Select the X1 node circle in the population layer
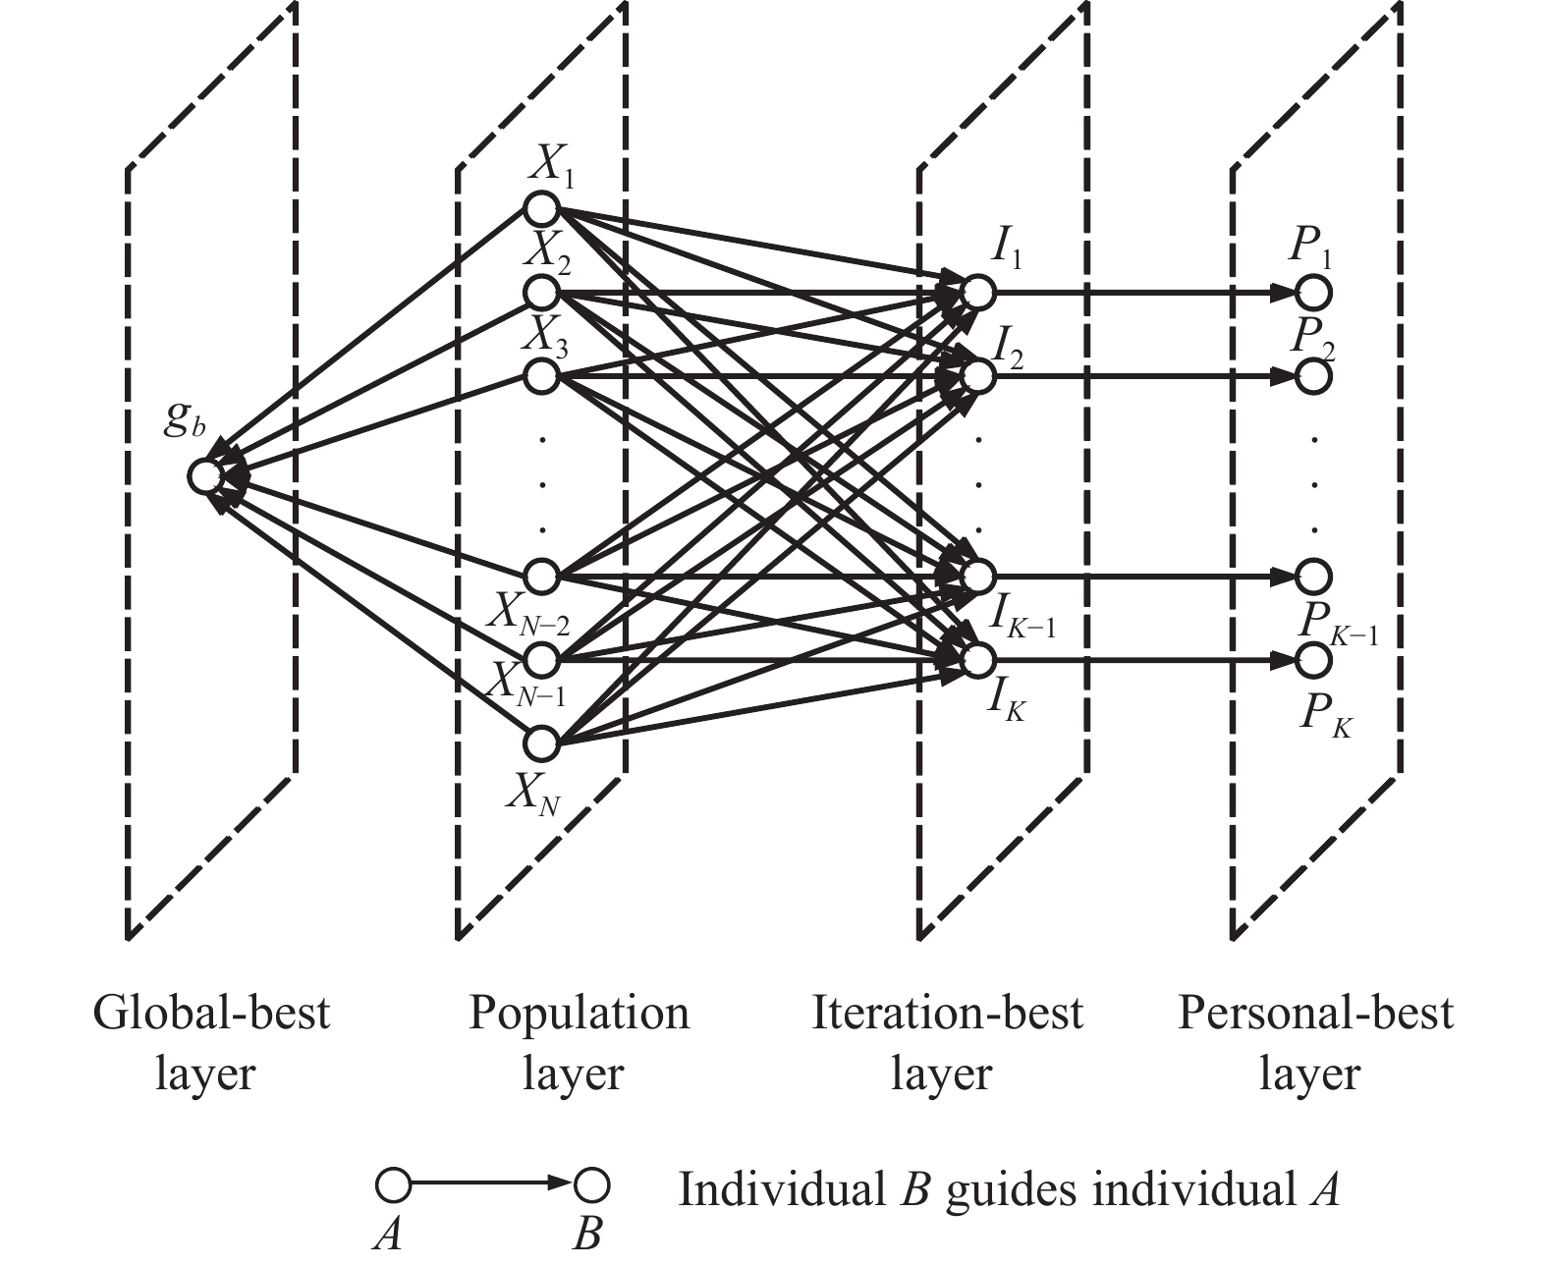[541, 208]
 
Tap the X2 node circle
[541, 293]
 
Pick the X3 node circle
[541, 377]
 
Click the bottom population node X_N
[541, 744]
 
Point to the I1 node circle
[977, 293]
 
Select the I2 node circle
[977, 377]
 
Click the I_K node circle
[977, 660]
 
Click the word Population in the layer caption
[580, 1014]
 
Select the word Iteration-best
[947, 1014]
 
